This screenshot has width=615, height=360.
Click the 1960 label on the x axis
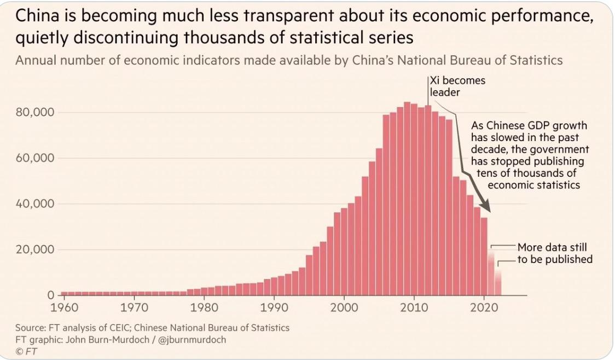tap(64, 307)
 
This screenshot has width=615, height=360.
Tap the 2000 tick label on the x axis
tap(344, 307)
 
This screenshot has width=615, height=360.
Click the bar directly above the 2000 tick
tap(344, 252)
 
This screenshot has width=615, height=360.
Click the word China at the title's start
tap(37, 16)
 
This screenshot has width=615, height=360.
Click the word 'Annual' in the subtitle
tap(33, 60)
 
